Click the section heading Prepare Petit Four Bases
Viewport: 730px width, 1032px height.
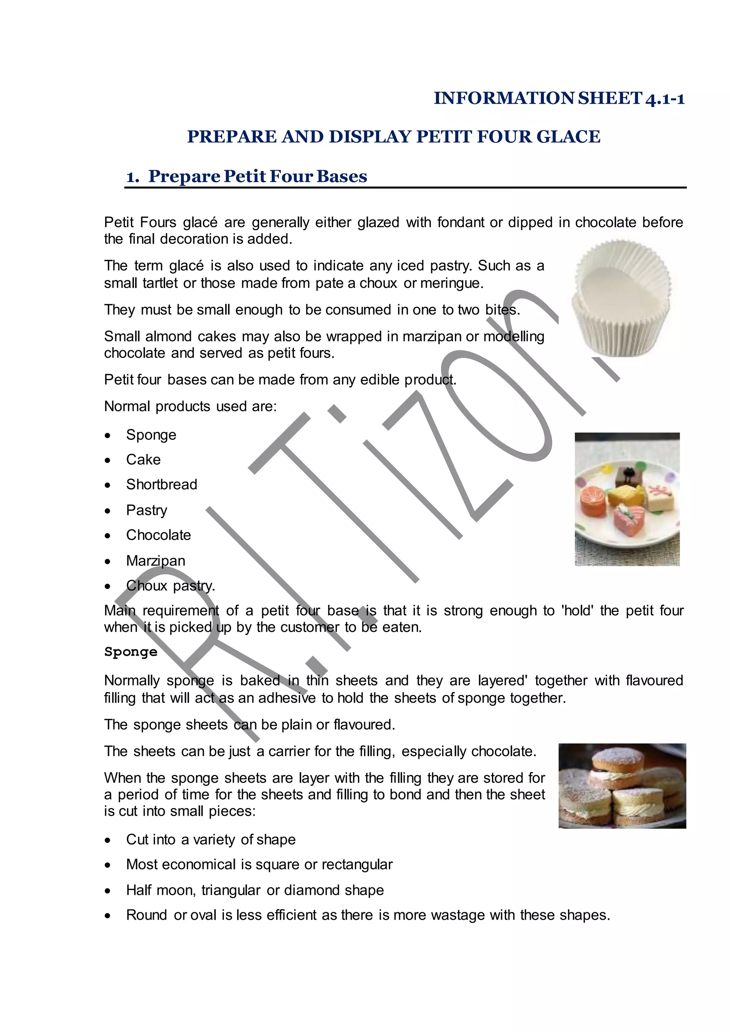(x=258, y=176)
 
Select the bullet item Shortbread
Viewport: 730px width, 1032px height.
(x=161, y=485)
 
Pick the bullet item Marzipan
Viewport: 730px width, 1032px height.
(x=155, y=561)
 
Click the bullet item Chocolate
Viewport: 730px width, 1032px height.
(x=158, y=535)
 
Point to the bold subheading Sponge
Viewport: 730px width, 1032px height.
(x=131, y=652)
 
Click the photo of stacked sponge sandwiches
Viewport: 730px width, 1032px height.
(x=622, y=786)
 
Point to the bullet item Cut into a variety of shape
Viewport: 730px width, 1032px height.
(x=211, y=840)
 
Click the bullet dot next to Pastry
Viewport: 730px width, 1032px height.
(x=107, y=511)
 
